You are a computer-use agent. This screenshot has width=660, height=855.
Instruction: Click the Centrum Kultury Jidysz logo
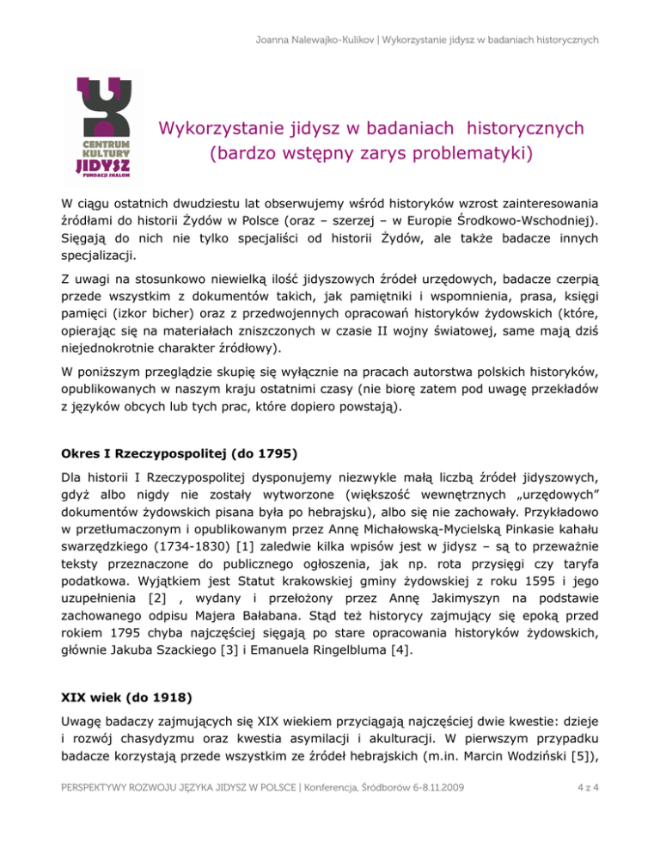[105, 129]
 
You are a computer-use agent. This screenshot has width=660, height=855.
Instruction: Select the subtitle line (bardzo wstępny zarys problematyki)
[371, 156]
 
